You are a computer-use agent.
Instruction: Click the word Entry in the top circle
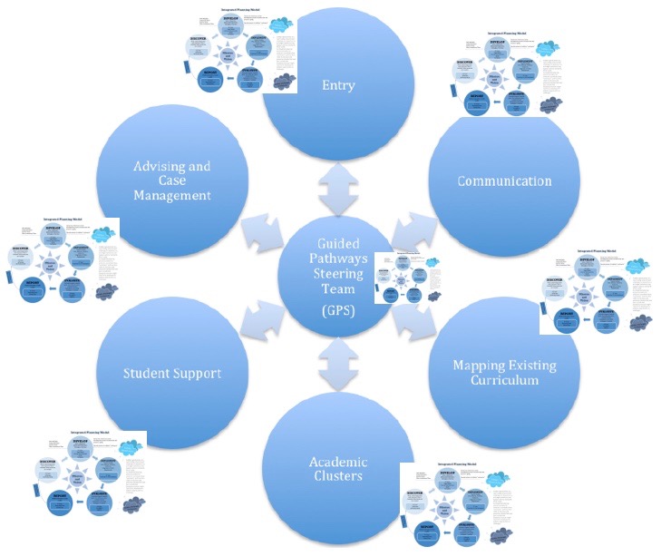(x=337, y=85)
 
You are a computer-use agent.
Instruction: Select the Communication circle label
(x=504, y=180)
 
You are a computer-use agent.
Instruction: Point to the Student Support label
(x=172, y=373)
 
